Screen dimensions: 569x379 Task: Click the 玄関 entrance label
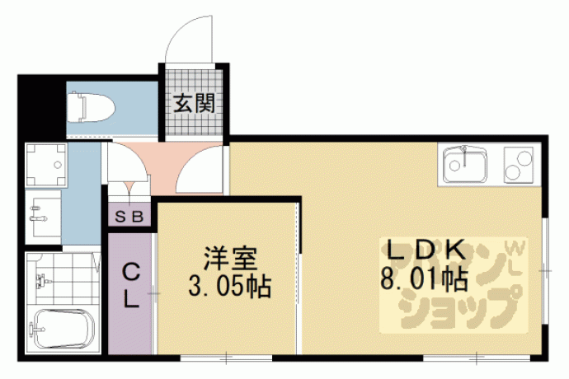[194, 103]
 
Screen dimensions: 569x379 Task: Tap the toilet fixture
[91, 107]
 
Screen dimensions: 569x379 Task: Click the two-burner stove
[519, 165]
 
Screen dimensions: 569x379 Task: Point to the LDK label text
[427, 250]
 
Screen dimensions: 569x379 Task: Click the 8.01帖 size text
[424, 279]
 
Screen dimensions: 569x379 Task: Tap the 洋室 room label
[230, 258]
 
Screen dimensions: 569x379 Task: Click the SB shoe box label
[129, 217]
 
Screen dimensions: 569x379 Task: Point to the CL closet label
[130, 285]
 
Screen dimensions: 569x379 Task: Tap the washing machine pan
[45, 165]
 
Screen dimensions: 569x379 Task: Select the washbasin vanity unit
[43, 218]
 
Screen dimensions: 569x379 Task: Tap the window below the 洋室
[226, 358]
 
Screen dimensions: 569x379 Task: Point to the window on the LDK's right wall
[545, 271]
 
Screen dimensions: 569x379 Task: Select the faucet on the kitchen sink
[463, 157]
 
